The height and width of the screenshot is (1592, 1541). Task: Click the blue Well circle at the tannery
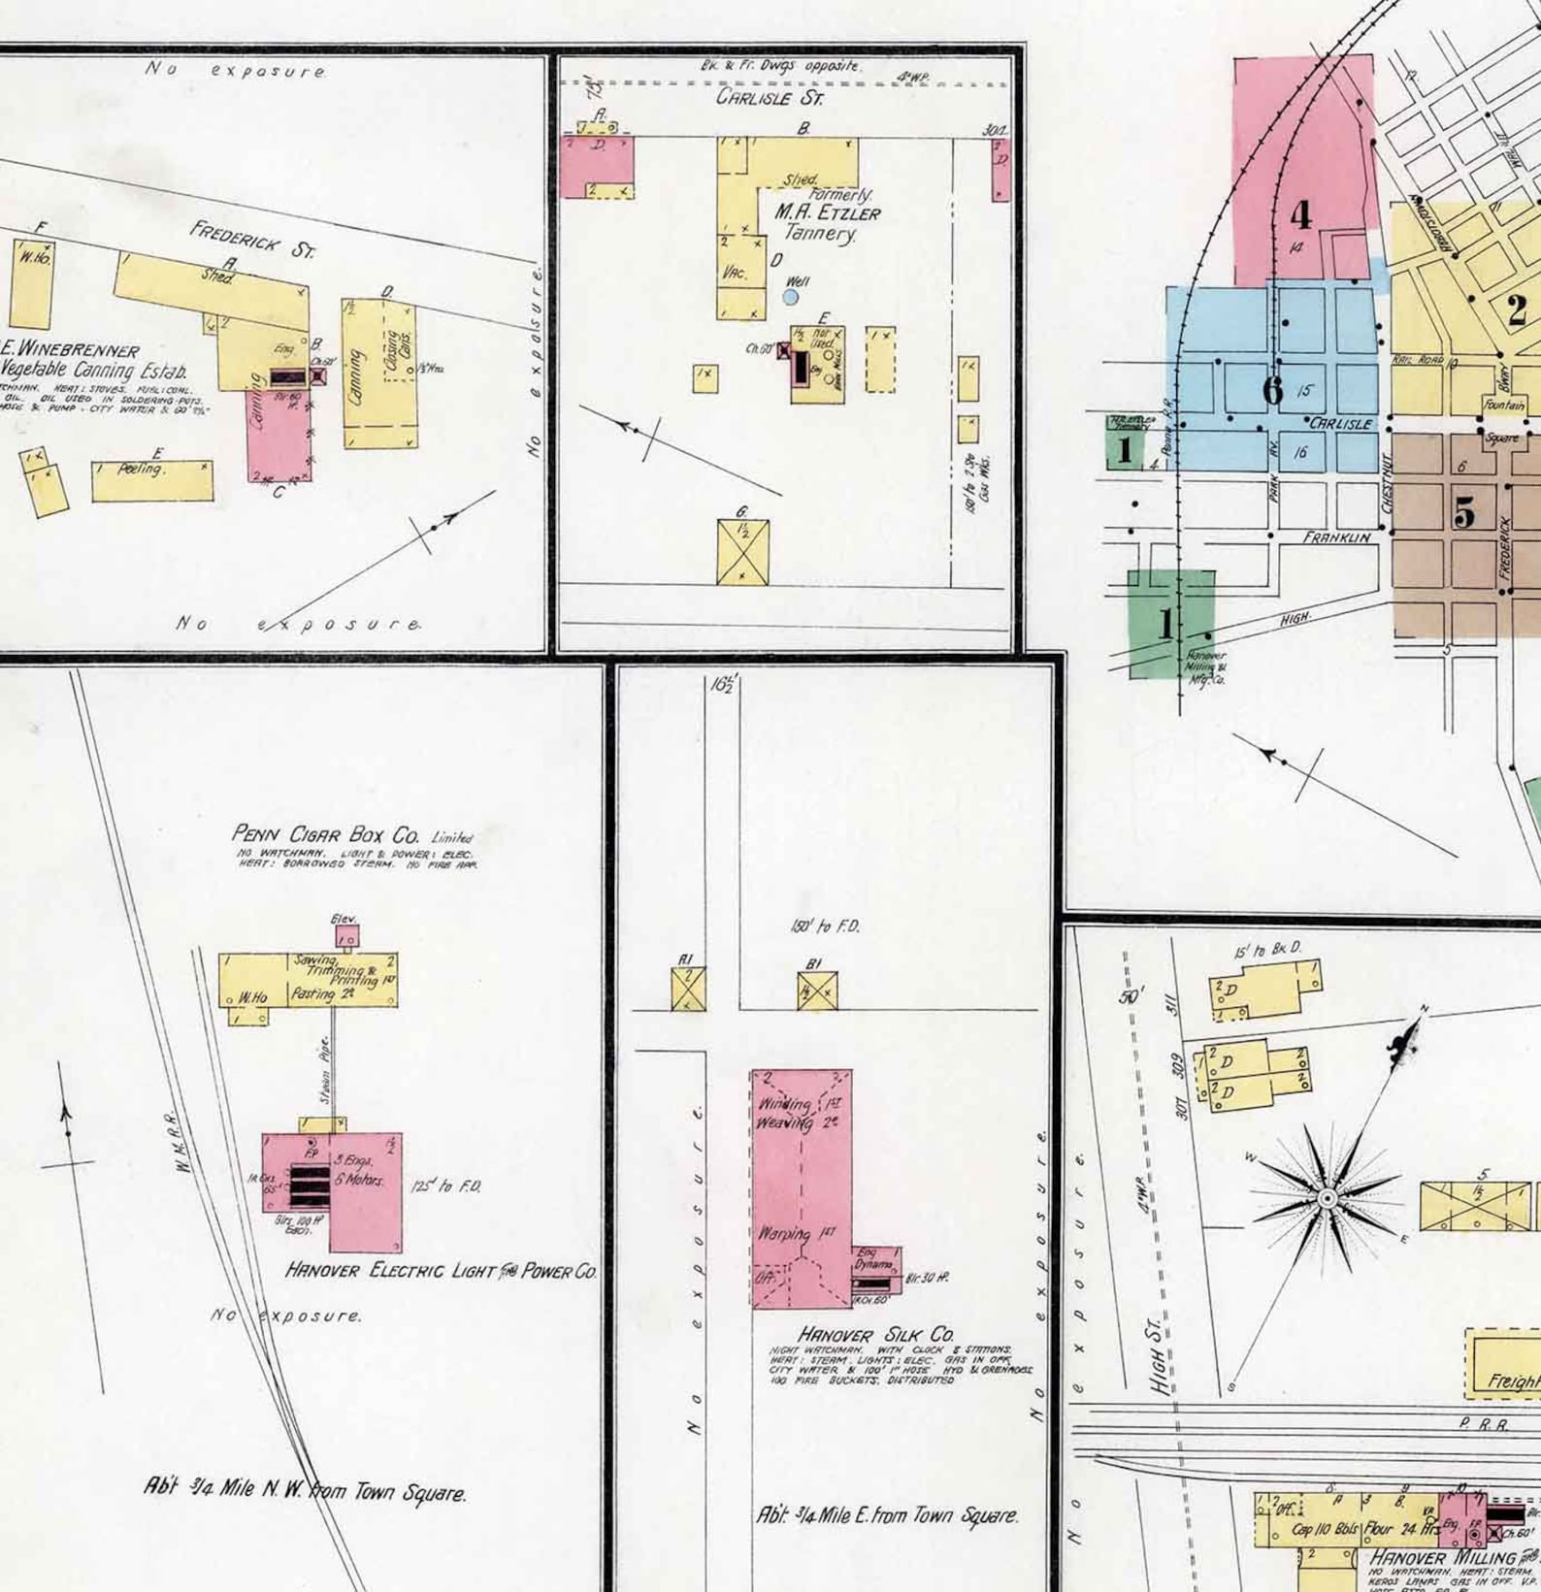coord(791,297)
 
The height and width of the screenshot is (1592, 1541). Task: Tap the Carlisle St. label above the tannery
coord(770,98)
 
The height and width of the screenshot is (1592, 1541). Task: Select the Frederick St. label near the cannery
coord(252,240)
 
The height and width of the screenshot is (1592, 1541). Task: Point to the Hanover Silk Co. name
coord(875,1334)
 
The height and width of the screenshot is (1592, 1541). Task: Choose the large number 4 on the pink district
coord(1300,215)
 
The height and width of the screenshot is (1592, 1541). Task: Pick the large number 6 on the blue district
coord(1272,390)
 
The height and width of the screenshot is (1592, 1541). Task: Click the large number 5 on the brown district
coord(1463,511)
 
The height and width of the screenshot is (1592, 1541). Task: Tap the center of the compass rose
coord(1327,1199)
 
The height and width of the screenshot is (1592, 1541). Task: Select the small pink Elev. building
coord(346,936)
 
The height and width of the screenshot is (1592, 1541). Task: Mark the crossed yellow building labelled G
coord(742,552)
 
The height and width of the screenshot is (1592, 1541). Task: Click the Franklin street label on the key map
coord(1336,536)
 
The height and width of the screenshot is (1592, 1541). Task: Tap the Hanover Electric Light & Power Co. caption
coord(441,1270)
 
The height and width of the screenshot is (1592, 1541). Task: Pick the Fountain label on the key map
coord(1503,405)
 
